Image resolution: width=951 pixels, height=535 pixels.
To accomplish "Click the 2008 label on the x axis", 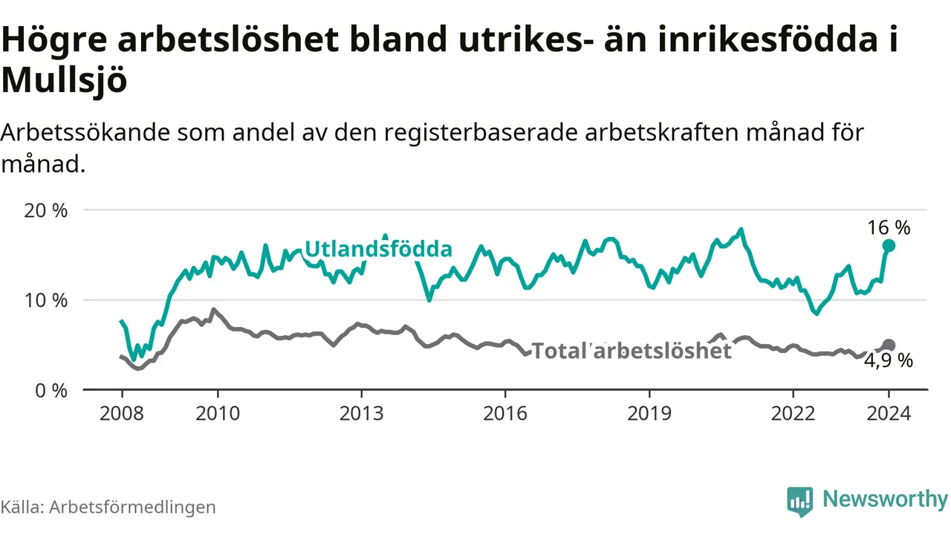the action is [122, 414].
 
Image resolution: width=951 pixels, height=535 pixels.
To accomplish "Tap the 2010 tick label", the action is [218, 414].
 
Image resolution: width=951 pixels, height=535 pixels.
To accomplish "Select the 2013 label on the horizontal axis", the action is [361, 414].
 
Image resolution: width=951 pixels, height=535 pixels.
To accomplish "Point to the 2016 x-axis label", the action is [505, 414].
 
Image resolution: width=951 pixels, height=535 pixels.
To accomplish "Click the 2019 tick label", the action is [649, 414].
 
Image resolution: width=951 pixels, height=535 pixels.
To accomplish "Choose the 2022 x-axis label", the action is [793, 414].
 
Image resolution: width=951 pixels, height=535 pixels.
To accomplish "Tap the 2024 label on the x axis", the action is [889, 414].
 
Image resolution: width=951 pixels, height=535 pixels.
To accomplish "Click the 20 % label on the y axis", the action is [45, 210].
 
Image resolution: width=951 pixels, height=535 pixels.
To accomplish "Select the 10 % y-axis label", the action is [45, 301].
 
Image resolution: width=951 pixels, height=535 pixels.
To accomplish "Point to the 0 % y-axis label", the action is [51, 391].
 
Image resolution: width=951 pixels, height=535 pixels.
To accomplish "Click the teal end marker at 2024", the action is [889, 246].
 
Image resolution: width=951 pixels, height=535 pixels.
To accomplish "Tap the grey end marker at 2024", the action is [889, 346].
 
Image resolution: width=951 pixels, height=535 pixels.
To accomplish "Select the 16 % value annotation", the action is [889, 228].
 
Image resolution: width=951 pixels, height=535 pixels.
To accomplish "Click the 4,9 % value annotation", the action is [888, 361].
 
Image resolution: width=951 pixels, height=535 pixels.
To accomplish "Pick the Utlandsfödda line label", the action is [378, 249].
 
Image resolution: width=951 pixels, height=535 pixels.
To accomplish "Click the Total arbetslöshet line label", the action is [632, 351].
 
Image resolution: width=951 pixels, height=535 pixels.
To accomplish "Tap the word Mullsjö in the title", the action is [64, 80].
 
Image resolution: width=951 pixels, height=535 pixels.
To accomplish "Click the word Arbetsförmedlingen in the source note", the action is [132, 508].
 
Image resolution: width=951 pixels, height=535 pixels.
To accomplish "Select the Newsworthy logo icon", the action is [800, 502].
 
